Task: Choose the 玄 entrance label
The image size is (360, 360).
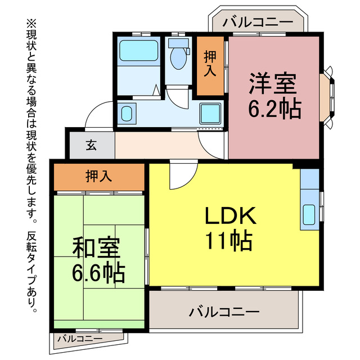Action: pyautogui.click(x=91, y=145)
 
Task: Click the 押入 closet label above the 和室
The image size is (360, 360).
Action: pyautogui.click(x=99, y=177)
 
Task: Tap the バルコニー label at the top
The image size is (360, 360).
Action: pyautogui.click(x=257, y=22)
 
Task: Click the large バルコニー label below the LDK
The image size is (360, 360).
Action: pyautogui.click(x=224, y=311)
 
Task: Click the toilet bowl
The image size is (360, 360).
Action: pyautogui.click(x=179, y=56)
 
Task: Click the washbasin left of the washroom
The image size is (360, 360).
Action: pyautogui.click(x=127, y=114)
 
